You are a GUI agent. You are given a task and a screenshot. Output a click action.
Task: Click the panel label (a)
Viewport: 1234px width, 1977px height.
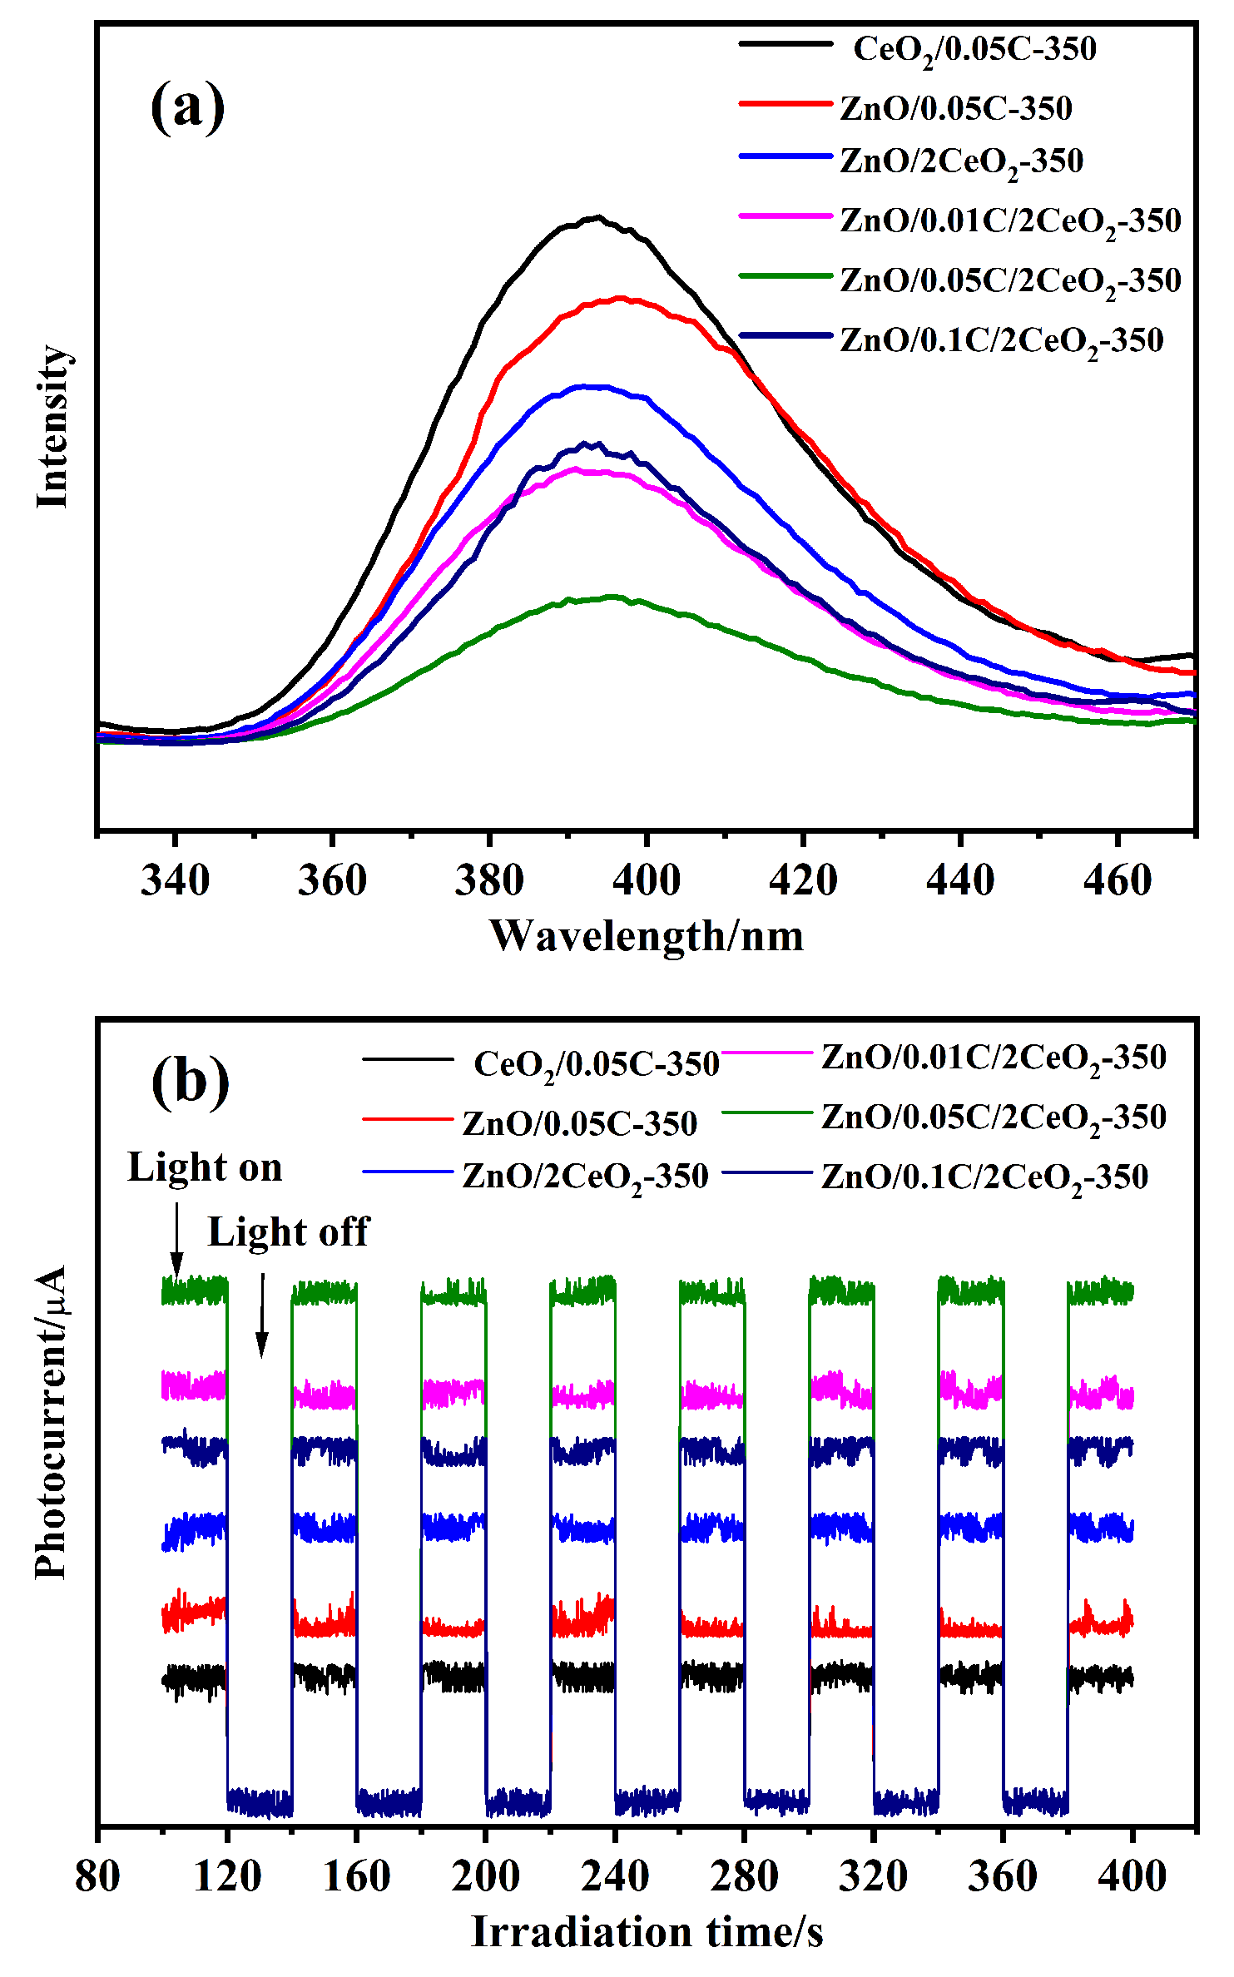click(187, 106)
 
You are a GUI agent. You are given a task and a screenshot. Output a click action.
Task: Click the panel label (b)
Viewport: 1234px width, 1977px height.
click(190, 1081)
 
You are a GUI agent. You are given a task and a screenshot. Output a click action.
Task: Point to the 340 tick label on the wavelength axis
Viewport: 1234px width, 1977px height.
click(175, 880)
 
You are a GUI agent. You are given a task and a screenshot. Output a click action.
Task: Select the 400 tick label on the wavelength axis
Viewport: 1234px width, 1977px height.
click(647, 880)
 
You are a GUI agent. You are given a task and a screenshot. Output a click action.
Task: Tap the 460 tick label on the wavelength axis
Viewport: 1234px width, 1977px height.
click(1118, 880)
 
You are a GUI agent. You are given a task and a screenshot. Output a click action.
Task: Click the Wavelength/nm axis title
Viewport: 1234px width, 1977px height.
click(647, 936)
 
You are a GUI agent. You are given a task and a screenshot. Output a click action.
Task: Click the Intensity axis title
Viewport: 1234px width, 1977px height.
click(52, 426)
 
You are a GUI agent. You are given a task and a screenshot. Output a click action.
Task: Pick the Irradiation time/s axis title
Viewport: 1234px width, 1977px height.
click(647, 1931)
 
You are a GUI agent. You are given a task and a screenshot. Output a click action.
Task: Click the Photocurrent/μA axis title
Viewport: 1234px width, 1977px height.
click(51, 1422)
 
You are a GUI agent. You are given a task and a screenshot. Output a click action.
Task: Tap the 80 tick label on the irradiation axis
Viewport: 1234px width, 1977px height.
click(97, 1876)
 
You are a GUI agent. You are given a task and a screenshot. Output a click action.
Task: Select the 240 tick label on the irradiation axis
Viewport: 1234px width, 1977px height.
click(615, 1876)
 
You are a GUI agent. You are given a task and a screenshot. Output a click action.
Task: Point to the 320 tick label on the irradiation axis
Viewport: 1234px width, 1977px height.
click(873, 1876)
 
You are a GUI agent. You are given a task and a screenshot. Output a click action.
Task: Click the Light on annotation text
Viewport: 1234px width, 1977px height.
click(205, 1167)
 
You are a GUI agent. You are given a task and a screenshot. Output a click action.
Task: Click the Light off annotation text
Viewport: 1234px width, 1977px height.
click(288, 1232)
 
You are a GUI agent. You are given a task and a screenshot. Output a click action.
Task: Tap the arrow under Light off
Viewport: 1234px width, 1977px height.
click(262, 1314)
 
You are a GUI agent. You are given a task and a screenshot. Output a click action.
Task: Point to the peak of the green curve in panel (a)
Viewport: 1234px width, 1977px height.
click(614, 597)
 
